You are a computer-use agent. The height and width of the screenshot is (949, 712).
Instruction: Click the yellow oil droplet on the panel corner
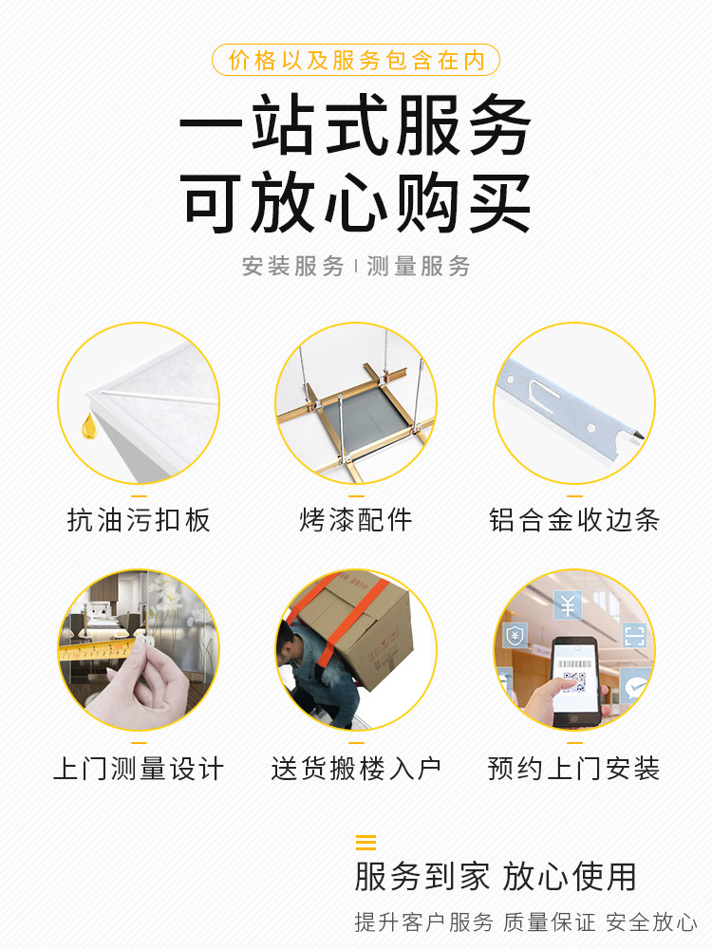88,425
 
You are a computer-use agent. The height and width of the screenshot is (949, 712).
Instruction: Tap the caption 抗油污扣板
139,520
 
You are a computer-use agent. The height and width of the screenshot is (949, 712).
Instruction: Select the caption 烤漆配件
356,520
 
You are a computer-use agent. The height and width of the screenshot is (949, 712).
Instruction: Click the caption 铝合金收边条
574,520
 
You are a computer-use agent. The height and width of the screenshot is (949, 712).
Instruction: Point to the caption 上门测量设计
139,769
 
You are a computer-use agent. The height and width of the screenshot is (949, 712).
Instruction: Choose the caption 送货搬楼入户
356,769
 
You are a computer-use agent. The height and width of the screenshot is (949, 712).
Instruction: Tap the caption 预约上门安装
574,769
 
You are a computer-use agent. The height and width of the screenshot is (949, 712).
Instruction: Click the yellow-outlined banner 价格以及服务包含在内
356,60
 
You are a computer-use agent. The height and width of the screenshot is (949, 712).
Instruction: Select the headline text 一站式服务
355,124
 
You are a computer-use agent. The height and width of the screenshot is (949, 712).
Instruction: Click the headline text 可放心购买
355,203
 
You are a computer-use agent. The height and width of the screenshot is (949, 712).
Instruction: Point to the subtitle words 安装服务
293,267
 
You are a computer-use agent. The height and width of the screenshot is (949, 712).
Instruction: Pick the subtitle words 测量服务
419,267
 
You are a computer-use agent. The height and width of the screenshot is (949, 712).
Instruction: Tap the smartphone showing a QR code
574,681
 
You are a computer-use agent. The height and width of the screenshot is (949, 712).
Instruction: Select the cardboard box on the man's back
357,629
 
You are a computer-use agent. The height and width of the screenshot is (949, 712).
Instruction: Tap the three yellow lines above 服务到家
365,843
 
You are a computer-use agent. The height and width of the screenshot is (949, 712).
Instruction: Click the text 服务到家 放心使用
496,877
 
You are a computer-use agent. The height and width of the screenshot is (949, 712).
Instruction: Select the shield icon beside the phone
515,636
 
